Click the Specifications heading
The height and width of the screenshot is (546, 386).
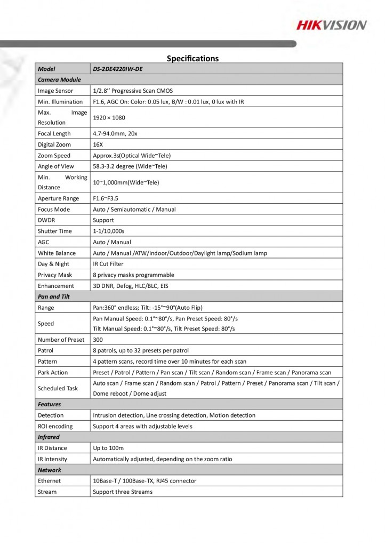pos(192,58)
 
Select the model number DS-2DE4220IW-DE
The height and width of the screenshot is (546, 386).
pos(121,69)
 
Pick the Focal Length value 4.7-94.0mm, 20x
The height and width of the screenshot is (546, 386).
pos(115,133)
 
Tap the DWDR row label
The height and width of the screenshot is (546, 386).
pos(46,220)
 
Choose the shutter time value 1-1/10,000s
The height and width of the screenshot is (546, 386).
pos(108,231)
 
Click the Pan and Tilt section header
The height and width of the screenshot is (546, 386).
pos(54,296)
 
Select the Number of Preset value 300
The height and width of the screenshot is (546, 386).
pos(98,340)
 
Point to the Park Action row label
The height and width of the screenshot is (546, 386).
pos(53,372)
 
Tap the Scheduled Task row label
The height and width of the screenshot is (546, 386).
pos(58,388)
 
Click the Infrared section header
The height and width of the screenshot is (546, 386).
pos(49,437)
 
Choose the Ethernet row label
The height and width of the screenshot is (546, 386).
pos(50,481)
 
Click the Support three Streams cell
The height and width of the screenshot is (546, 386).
pos(123,492)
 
